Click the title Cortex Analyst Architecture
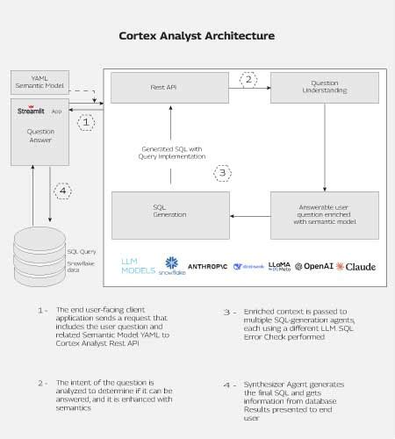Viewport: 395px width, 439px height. click(197, 37)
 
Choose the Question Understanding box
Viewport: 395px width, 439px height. click(324, 90)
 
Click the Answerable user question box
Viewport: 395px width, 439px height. click(324, 214)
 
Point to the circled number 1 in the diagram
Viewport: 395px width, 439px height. click(85, 123)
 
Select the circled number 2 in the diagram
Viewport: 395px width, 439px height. click(248, 80)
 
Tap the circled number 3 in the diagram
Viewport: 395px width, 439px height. click(223, 173)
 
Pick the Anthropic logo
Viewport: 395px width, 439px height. click(208, 265)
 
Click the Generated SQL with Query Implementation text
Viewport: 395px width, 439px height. click(172, 153)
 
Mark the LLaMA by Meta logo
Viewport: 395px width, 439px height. click(279, 266)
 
